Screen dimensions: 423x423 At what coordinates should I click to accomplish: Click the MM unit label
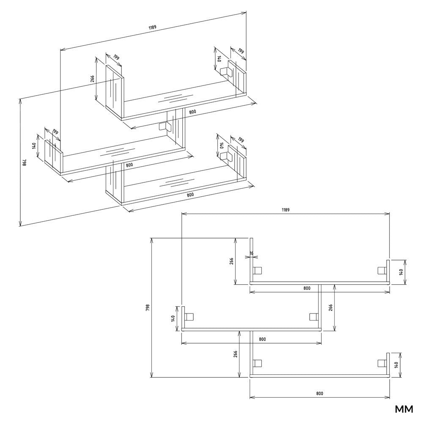point(404,409)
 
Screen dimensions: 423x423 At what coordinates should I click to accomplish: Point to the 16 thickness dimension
point(251,253)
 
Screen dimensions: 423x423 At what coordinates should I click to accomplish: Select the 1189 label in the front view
point(286,210)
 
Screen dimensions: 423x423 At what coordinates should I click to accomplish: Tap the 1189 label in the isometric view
point(152,27)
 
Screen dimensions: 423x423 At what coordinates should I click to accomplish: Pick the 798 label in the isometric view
point(24,162)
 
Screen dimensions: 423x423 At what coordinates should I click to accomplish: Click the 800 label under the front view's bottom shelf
point(319,393)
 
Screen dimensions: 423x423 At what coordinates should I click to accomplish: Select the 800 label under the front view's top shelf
point(307,288)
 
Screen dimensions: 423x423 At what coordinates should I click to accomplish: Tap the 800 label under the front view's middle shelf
point(262,339)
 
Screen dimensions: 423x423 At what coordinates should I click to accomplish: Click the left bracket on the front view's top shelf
point(257,270)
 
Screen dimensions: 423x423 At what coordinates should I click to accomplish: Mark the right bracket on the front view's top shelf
point(382,270)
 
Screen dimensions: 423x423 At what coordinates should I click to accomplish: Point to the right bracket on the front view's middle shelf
point(313,317)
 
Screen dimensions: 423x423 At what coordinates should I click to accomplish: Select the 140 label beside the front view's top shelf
point(401,272)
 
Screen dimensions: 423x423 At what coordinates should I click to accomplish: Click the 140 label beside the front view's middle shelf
point(173,319)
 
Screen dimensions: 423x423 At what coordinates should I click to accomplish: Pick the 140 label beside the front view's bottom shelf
point(396,365)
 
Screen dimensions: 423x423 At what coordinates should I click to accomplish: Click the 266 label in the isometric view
point(92,79)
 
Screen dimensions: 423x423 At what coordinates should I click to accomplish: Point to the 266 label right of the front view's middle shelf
point(330,308)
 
